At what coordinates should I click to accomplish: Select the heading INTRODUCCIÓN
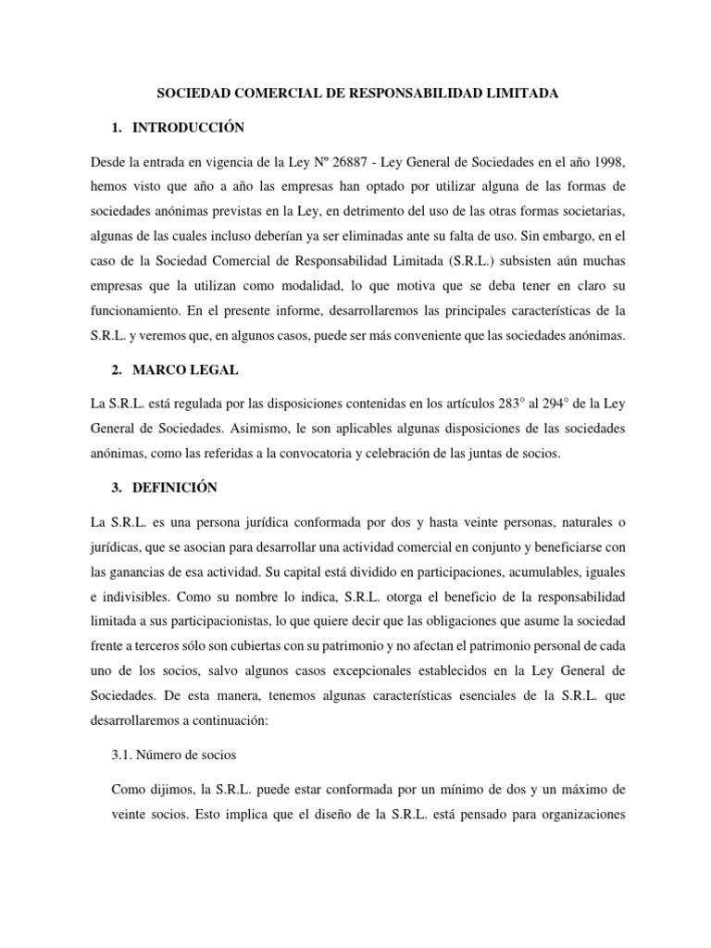click(x=186, y=128)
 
